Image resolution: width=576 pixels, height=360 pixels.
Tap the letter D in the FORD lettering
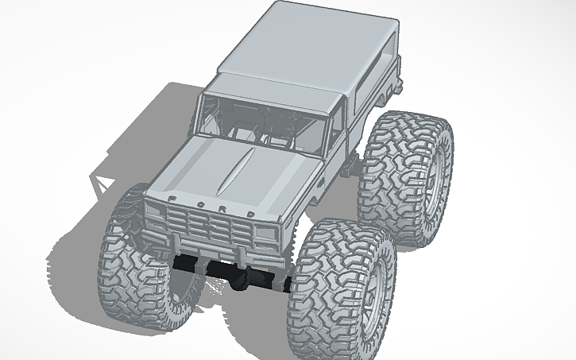250,215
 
